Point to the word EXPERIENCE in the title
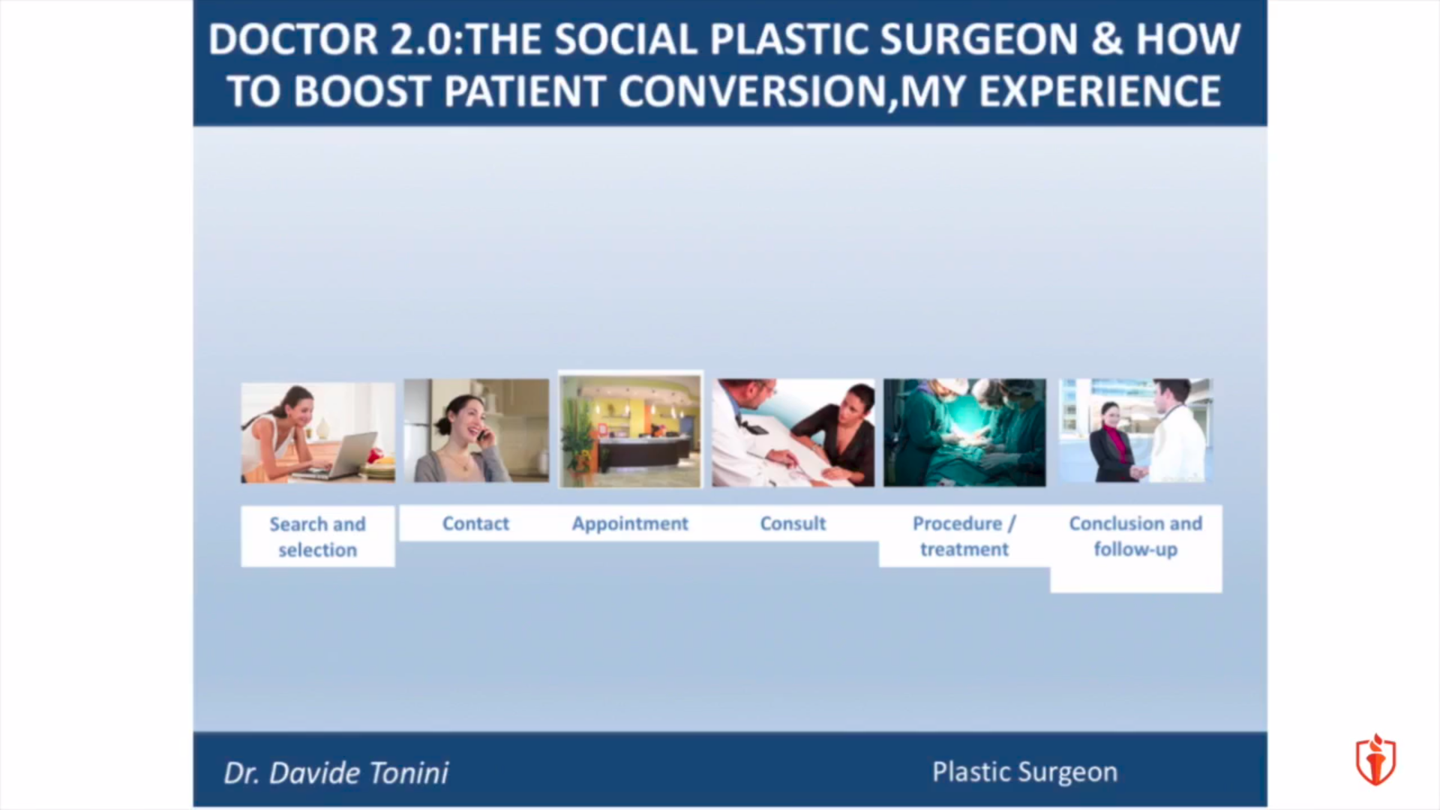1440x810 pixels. click(1100, 91)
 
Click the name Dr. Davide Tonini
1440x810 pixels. click(336, 773)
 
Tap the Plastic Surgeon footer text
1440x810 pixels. click(1024, 772)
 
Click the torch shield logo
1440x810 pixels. click(1375, 760)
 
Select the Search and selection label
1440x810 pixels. click(317, 537)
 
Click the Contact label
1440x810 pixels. click(475, 523)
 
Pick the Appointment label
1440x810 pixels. click(630, 524)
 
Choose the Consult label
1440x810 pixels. click(793, 523)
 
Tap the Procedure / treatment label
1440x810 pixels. click(964, 536)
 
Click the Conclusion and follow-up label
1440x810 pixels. click(1135, 536)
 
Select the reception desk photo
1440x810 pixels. click(631, 431)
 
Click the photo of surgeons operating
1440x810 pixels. click(964, 433)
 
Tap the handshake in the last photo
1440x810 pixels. click(1139, 472)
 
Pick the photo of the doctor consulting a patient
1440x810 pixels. click(793, 433)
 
